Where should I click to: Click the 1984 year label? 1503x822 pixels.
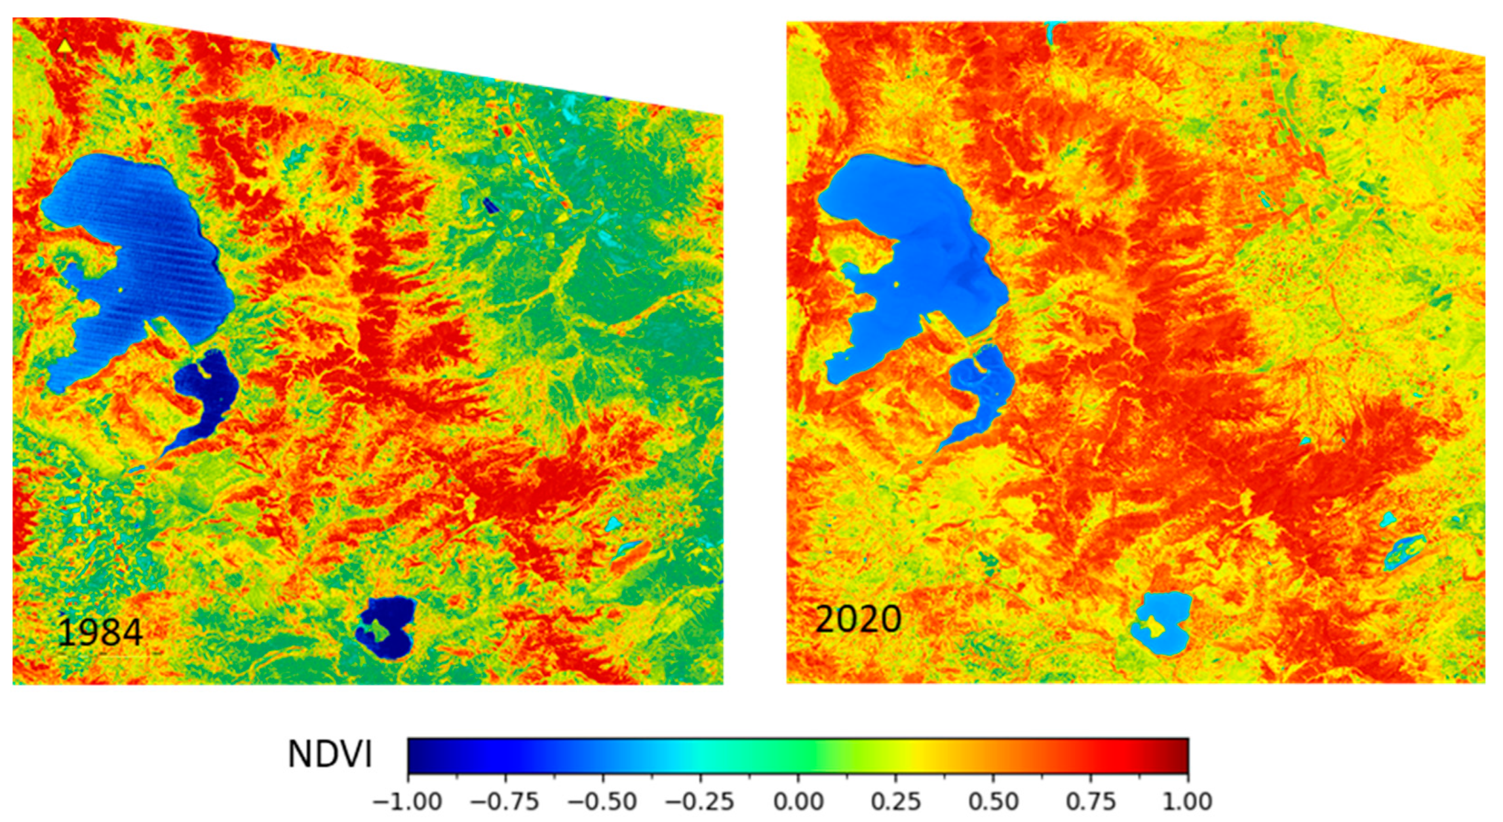click(100, 632)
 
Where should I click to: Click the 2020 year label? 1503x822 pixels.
click(857, 619)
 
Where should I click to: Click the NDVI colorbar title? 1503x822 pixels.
click(330, 755)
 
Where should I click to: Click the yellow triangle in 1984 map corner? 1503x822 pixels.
click(64, 46)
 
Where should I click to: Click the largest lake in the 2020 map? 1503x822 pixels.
click(918, 262)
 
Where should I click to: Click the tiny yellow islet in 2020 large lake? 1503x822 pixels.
click(896, 284)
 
